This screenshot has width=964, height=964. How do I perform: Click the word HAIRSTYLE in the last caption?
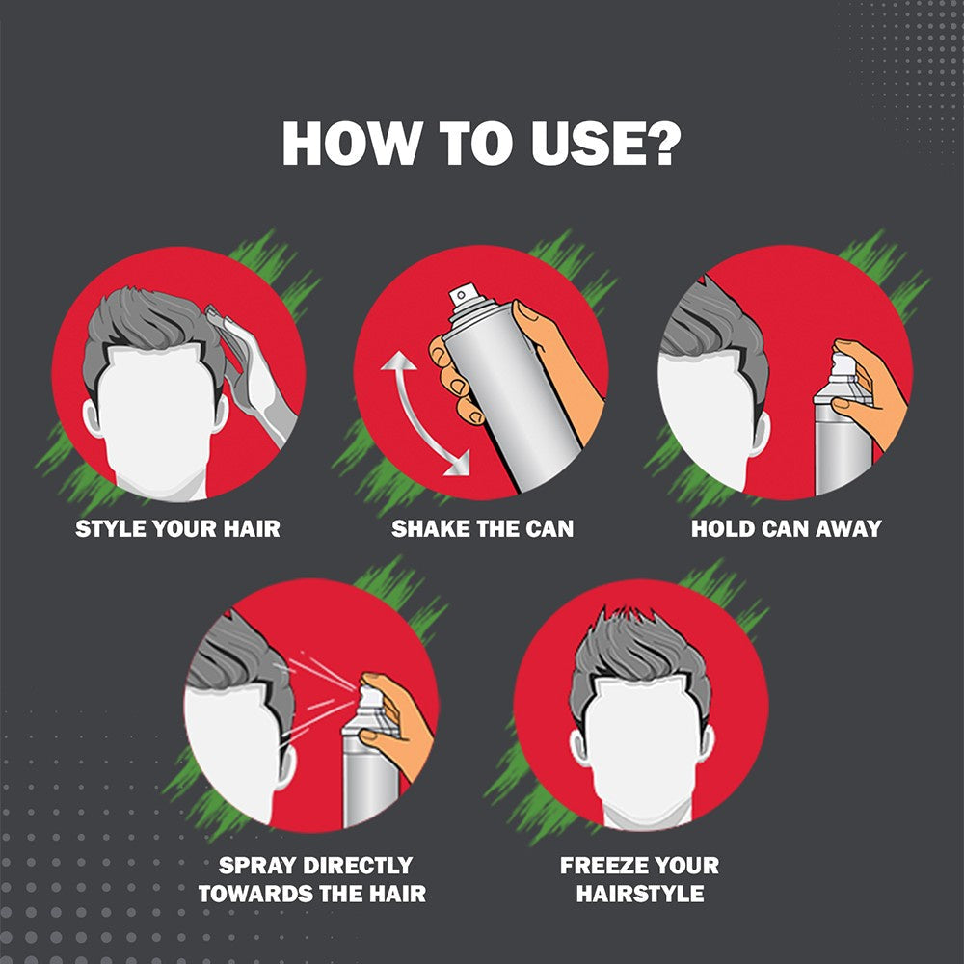(x=640, y=894)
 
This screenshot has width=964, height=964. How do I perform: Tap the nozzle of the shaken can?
(x=463, y=296)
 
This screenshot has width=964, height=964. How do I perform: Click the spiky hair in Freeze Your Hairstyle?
(x=639, y=652)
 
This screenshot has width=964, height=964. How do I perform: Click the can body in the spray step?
(x=370, y=775)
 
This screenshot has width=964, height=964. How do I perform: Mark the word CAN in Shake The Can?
(x=549, y=528)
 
